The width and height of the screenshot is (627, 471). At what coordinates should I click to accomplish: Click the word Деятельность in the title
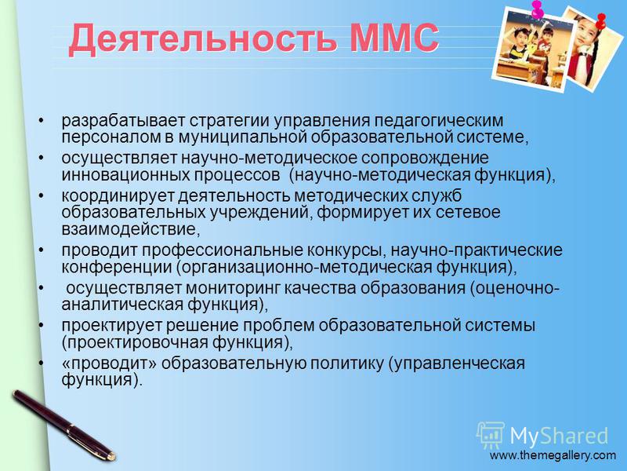[x=202, y=39]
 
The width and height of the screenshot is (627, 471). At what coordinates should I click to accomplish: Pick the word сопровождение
[x=425, y=159]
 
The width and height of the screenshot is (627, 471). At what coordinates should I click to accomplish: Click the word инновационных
[x=125, y=175]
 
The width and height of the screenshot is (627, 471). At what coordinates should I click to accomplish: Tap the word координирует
[x=118, y=196]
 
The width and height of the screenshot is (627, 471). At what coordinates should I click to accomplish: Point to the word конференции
[x=117, y=268]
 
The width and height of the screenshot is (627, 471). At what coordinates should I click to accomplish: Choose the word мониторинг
[x=232, y=288]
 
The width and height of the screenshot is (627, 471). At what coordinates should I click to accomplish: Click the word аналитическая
[x=122, y=305]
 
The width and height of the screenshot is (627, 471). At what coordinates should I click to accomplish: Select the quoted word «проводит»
[x=109, y=363]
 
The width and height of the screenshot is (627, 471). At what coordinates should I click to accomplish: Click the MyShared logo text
[x=559, y=436]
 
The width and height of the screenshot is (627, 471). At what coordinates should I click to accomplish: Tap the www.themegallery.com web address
[x=553, y=455]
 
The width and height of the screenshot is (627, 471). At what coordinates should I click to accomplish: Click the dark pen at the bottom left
[x=63, y=425]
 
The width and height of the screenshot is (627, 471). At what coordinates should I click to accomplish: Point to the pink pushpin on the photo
[x=537, y=9]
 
